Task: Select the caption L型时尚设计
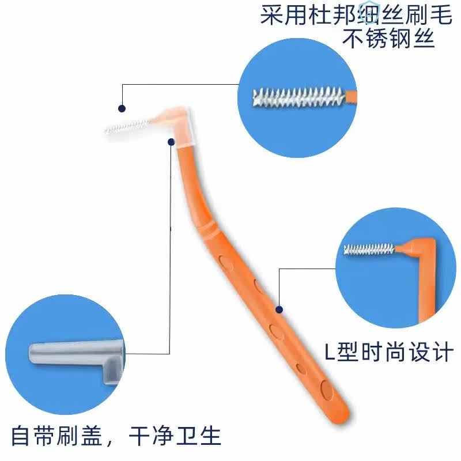coord(388,352)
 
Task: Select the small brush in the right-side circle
coord(369,250)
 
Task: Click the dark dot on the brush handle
coord(279,309)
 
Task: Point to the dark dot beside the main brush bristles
coord(122,108)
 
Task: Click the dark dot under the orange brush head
coord(171,141)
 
